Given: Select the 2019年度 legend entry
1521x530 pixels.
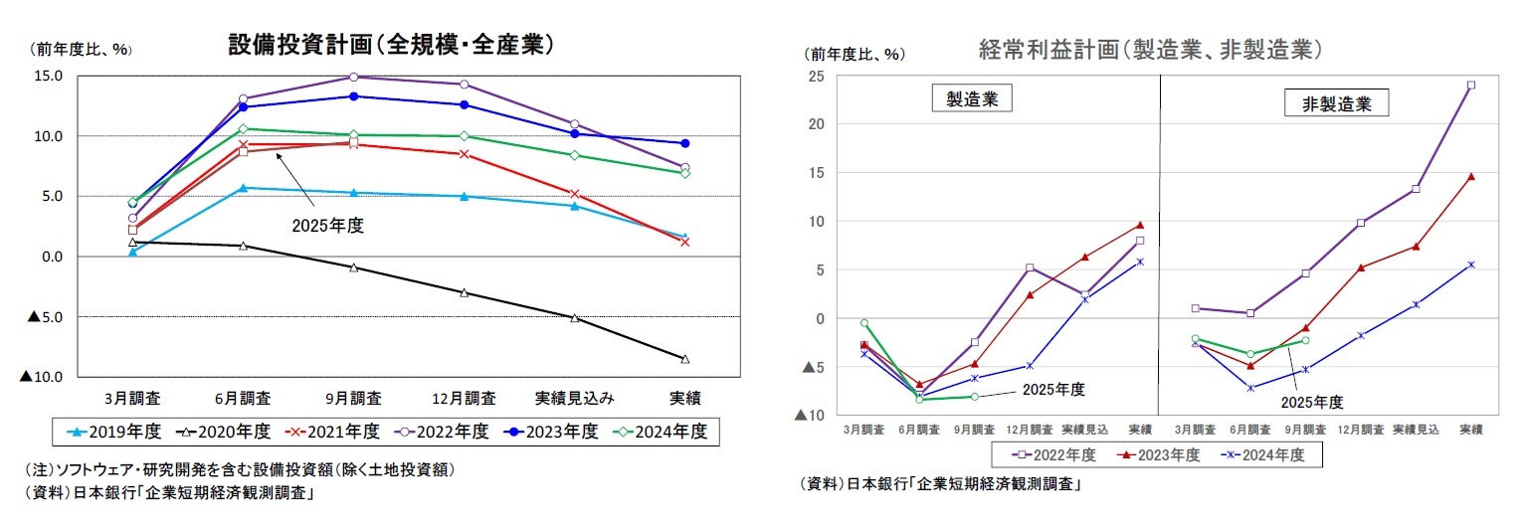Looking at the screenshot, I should tap(116, 431).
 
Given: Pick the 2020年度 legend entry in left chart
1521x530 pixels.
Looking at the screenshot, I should tap(226, 431).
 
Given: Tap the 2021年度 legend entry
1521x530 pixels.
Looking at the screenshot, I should tap(335, 431).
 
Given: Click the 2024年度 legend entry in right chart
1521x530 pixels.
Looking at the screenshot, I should tap(1263, 454).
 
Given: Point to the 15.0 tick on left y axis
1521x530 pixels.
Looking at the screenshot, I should tap(47, 76).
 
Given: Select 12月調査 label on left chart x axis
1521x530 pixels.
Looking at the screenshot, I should tap(465, 399).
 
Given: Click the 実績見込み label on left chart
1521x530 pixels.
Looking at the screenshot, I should tap(574, 399).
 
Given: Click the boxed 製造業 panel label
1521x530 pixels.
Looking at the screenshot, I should tap(964, 99).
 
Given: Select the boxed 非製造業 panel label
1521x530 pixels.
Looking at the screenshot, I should tap(1322, 103).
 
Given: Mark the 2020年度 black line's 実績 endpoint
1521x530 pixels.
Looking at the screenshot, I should tap(684, 359).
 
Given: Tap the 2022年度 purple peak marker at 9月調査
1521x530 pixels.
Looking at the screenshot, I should tap(353, 77).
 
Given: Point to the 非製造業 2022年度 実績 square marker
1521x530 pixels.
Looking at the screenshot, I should tap(1471, 86).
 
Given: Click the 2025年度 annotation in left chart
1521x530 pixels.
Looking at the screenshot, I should tap(327, 226).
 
